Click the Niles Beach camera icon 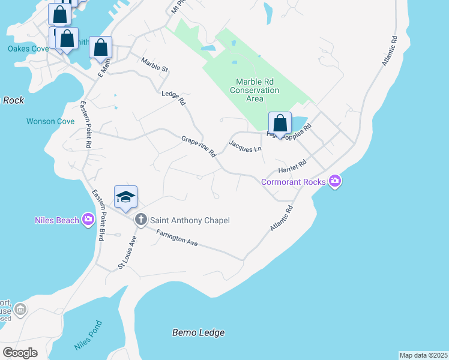[89, 220]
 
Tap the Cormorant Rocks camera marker [335, 181]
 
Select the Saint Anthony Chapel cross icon [141, 220]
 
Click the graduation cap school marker [125, 197]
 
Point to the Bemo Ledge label [198, 332]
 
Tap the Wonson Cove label [50, 121]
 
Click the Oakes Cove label [27, 49]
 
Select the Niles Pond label [88, 336]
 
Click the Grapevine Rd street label [199, 146]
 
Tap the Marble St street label [154, 64]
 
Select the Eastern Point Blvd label [98, 215]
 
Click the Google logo [20, 353]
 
